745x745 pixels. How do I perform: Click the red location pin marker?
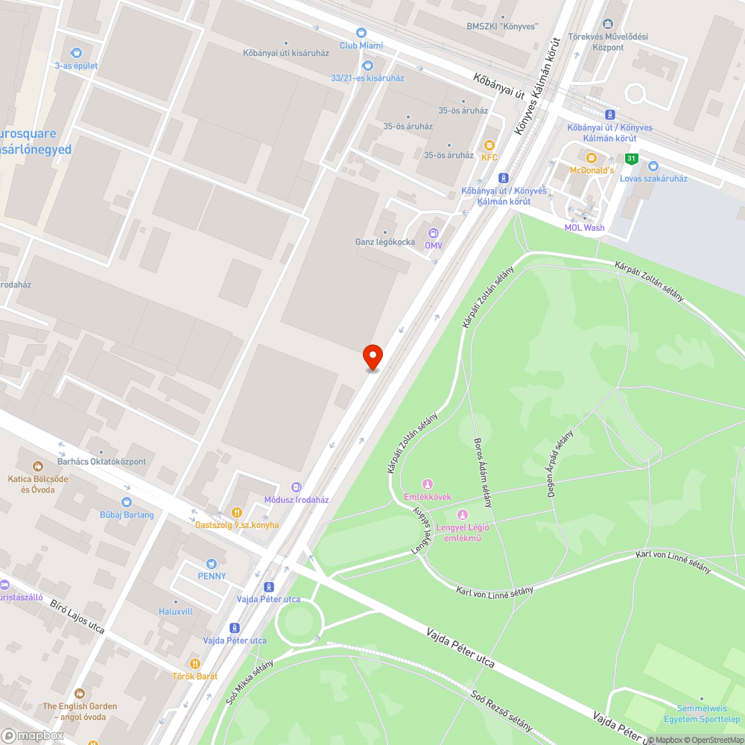(x=372, y=356)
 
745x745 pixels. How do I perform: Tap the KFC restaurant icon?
(x=489, y=145)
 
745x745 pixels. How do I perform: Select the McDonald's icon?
(x=592, y=158)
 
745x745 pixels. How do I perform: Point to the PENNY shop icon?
(x=212, y=563)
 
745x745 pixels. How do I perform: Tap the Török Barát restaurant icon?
(x=195, y=663)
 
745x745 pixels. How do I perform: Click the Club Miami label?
(x=361, y=45)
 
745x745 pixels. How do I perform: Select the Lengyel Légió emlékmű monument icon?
(x=462, y=515)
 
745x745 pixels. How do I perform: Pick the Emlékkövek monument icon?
(x=427, y=484)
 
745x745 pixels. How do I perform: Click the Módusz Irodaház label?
(x=297, y=500)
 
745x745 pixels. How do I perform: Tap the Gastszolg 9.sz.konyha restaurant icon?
(x=236, y=512)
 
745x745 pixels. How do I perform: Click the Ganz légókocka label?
(x=385, y=241)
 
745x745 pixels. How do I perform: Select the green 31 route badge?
(x=631, y=158)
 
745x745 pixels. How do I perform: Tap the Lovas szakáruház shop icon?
(x=653, y=166)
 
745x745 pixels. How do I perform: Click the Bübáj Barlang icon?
(x=126, y=502)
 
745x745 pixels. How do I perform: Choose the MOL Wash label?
(x=584, y=228)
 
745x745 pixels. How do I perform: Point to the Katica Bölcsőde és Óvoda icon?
(x=37, y=466)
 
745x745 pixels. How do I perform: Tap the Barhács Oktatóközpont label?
(x=102, y=462)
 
